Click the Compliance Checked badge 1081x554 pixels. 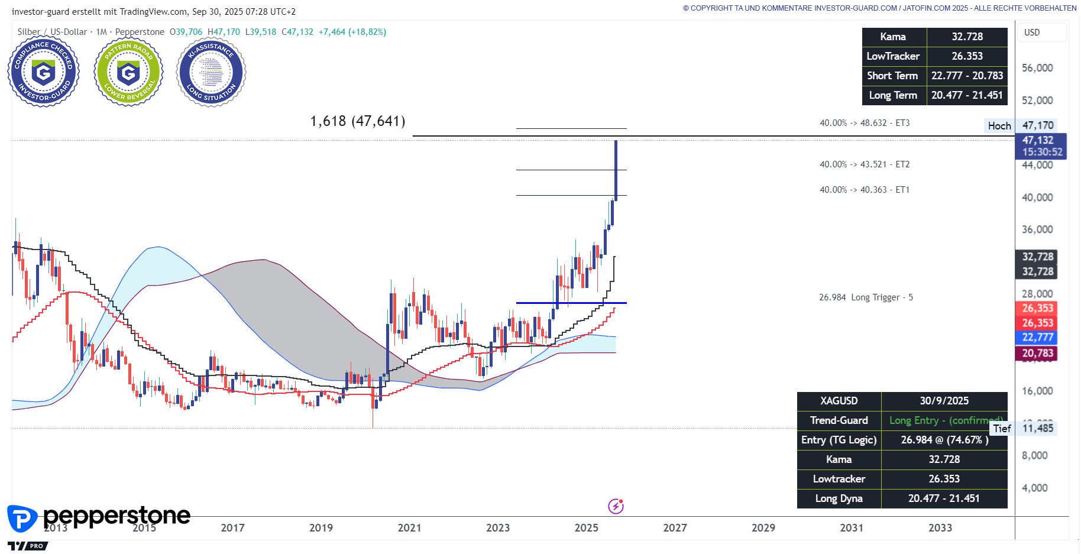(43, 73)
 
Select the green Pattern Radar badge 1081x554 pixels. (128, 73)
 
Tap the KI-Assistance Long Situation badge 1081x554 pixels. (211, 73)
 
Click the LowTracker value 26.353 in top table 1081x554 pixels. (967, 56)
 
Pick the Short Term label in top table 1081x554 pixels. (892, 76)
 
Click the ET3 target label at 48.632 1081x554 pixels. (864, 123)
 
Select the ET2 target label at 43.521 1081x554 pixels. (864, 164)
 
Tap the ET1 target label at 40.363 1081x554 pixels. (864, 190)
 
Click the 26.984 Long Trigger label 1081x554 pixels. (866, 297)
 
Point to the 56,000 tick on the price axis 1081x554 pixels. (1037, 68)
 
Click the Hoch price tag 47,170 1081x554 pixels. (1037, 125)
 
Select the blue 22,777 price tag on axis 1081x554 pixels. (1037, 338)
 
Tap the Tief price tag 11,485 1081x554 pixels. (1037, 428)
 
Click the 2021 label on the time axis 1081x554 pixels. (409, 527)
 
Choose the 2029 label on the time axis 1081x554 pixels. (763, 527)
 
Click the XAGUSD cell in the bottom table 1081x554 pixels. (839, 401)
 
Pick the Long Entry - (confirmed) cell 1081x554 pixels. (944, 420)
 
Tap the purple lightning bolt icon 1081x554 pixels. (616, 506)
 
